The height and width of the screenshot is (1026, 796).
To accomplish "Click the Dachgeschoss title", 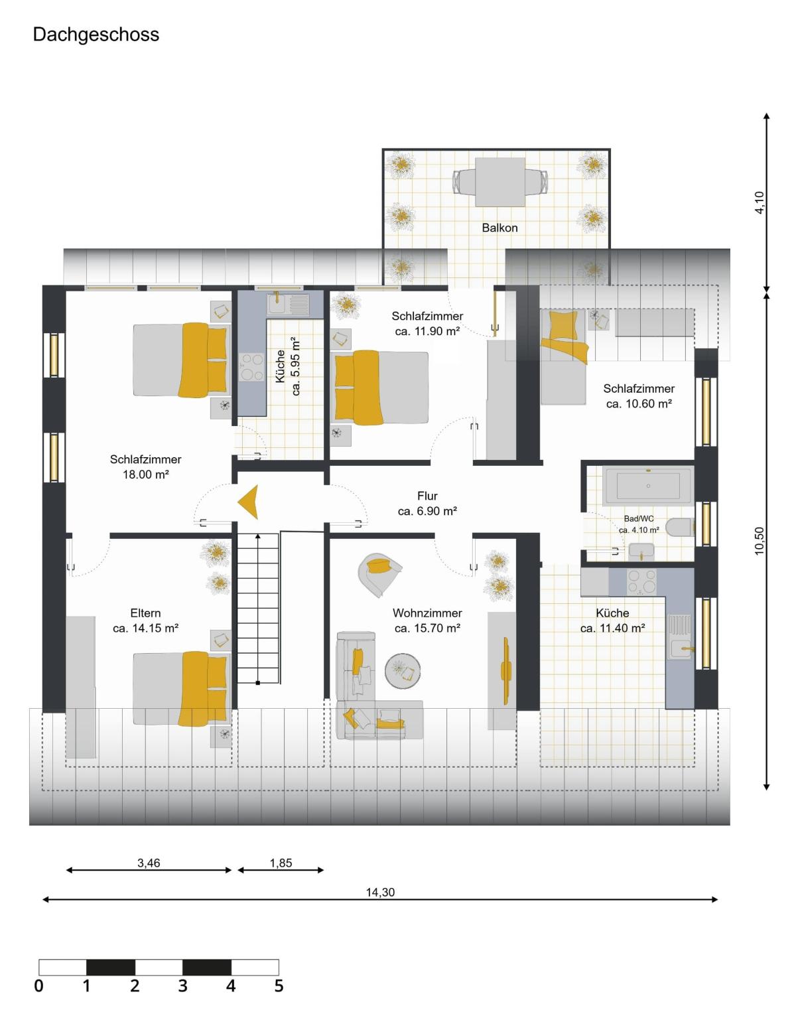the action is point(96,35).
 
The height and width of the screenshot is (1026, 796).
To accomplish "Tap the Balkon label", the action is point(499,228).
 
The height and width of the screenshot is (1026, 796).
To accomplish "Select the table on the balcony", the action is point(500,183).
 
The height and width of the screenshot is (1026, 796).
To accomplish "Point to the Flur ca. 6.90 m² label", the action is point(427,503).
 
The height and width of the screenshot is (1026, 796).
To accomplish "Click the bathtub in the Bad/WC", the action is point(648,485).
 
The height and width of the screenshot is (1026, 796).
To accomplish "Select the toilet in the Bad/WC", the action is point(680,527).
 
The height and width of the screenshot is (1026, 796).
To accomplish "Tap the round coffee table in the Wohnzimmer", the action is point(403,670).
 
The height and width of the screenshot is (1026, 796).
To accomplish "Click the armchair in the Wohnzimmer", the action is point(379,575).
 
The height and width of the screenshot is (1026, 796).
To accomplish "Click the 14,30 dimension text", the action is point(380,893).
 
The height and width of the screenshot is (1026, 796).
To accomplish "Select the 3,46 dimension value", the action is point(149,863).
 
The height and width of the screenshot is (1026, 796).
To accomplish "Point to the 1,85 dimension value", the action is point(281,863).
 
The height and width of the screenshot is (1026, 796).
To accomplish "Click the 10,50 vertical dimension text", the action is point(760,541).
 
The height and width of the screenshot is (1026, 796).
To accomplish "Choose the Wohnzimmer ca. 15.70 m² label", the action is point(427,621).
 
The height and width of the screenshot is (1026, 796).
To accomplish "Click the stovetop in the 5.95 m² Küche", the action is point(252,368).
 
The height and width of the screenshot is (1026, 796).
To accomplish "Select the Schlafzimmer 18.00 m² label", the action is point(145,467).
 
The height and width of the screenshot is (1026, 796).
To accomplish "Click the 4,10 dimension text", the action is point(760,203).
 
